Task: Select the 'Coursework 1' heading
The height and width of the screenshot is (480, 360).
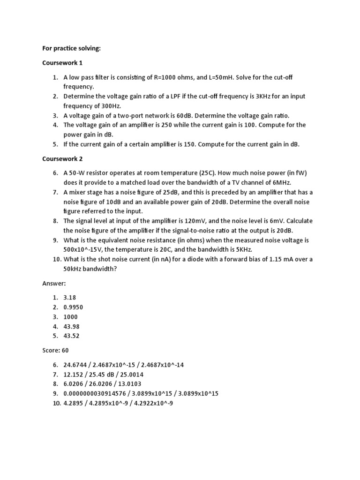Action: tap(62, 63)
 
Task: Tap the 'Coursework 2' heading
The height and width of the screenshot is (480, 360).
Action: tap(62, 158)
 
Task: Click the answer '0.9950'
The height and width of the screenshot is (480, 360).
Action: tap(74, 307)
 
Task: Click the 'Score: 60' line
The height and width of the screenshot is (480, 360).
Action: tap(55, 350)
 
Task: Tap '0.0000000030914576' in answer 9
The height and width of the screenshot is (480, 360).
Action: tap(94, 393)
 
